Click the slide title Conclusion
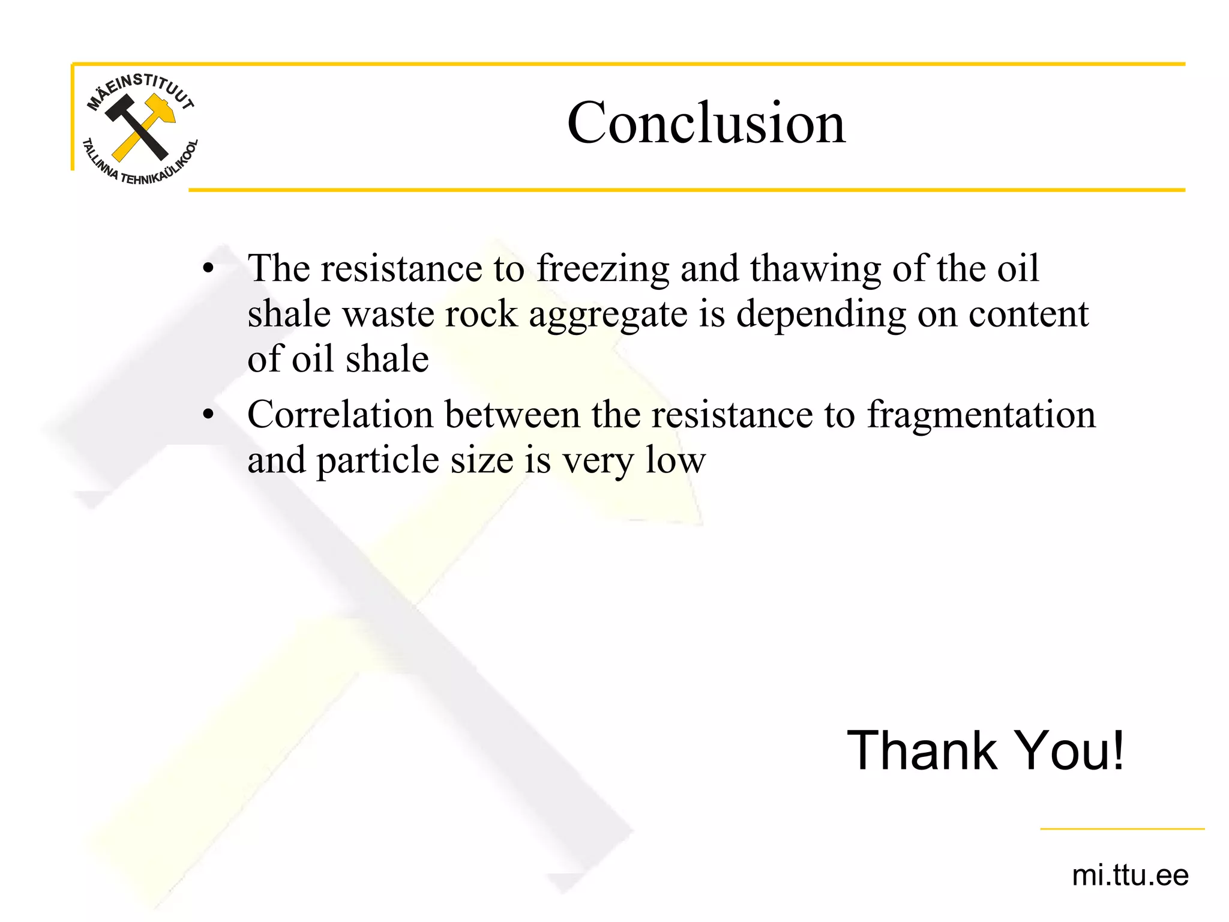tap(706, 123)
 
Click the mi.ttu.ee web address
tap(1129, 875)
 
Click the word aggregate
tap(608, 315)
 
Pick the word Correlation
tap(340, 414)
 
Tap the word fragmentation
tap(981, 415)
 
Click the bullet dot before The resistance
tap(208, 268)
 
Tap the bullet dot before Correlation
tap(208, 414)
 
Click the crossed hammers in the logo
tap(140, 127)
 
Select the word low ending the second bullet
tap(675, 460)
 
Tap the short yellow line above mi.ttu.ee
tap(1122, 829)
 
